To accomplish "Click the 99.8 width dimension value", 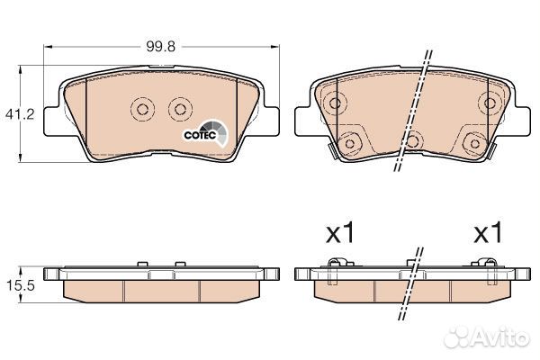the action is pos(160,46).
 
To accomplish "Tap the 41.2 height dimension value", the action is pos(20,114).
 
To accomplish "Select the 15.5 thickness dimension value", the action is pos(21,285).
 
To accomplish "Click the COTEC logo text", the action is pos(200,135).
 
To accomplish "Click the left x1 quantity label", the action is pos(340,233).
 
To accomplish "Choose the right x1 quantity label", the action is pos(489,233).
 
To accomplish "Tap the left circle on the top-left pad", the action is pos(142,109).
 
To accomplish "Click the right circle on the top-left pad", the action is pos(180,109).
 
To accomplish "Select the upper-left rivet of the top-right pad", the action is pos(335,103).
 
